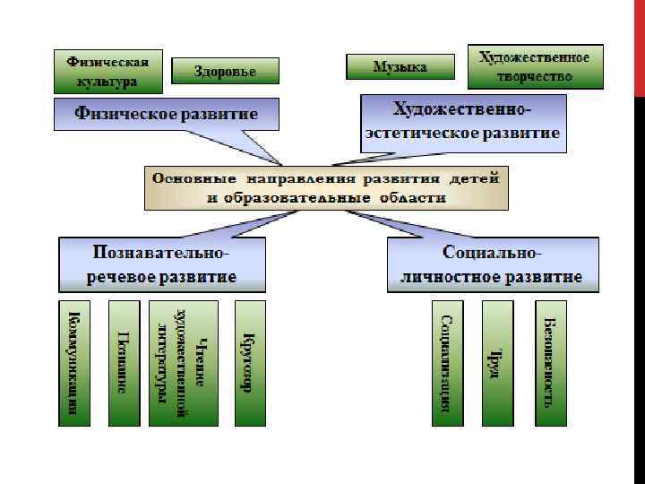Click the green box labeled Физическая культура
coord(108,72)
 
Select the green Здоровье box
coord(225,72)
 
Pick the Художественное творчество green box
coord(535,66)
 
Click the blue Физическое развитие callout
coord(166,115)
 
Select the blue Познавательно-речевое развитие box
coord(162,264)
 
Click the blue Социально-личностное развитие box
coord(493,264)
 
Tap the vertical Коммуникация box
coord(75,363)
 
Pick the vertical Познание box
coord(124,363)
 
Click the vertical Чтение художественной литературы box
coord(184,363)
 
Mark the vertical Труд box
coord(497,363)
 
